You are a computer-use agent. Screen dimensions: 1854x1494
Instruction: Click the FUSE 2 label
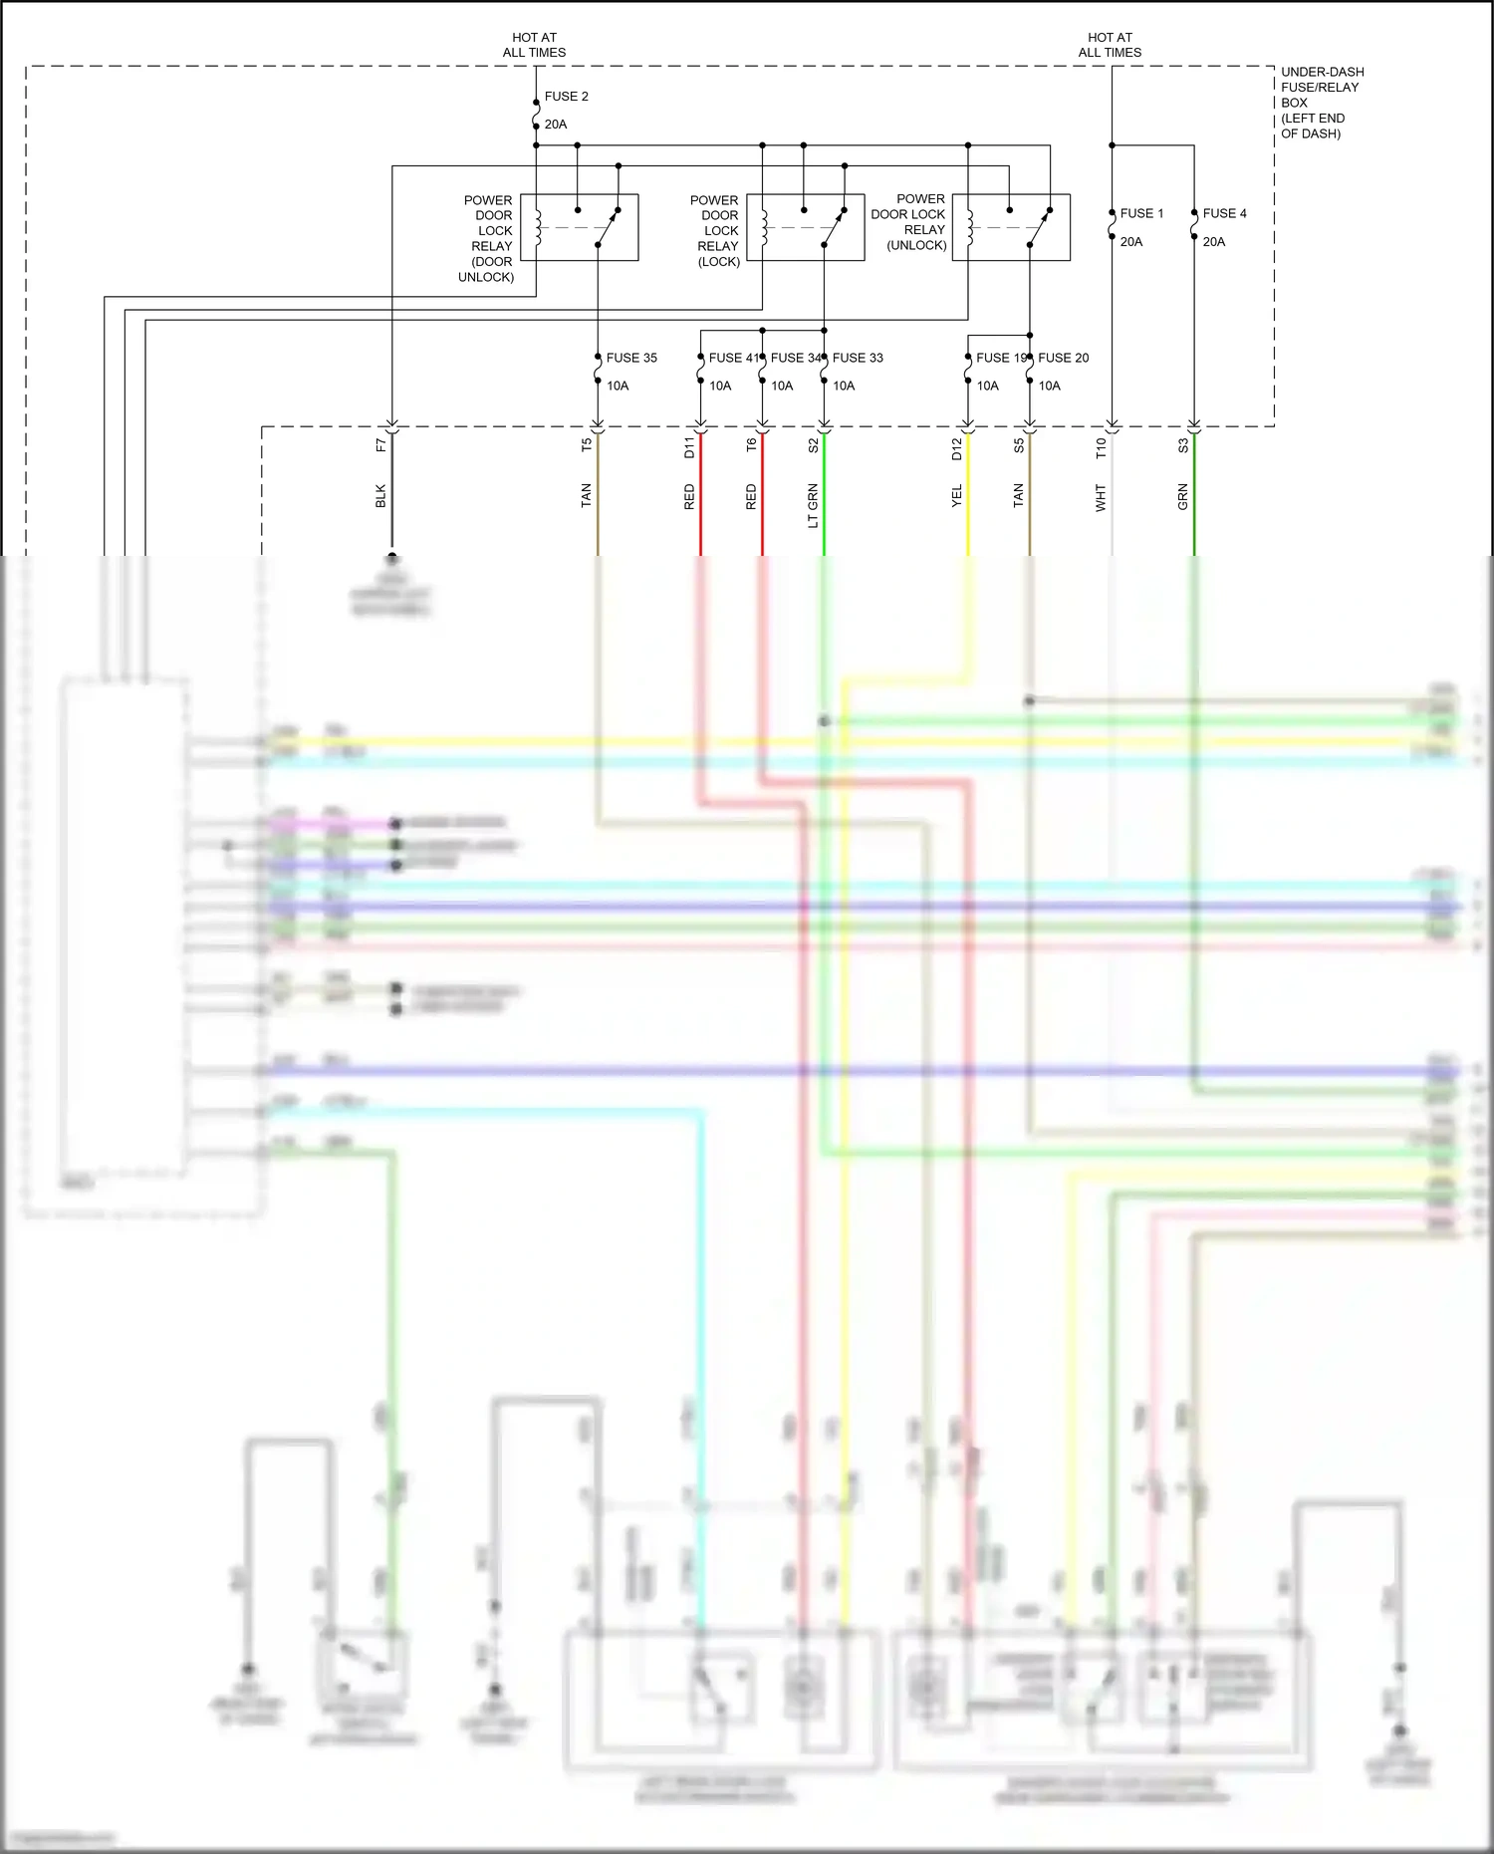click(566, 97)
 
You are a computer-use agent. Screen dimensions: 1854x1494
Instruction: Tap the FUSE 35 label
click(631, 358)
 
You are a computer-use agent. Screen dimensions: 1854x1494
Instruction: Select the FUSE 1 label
click(1141, 213)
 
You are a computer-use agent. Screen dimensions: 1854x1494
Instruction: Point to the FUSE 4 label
click(1224, 213)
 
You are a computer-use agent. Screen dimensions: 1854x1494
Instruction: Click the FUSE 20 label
click(1063, 358)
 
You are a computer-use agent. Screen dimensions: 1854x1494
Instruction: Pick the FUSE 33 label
click(858, 358)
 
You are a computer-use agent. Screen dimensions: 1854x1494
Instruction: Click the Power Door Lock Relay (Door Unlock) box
click(579, 227)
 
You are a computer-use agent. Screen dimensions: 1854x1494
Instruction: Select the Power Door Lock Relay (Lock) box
click(805, 227)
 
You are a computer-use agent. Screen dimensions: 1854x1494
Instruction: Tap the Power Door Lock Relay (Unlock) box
click(1011, 227)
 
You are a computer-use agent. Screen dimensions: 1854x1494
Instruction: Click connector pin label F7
click(380, 445)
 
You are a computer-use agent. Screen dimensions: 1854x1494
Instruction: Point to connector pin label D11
click(689, 447)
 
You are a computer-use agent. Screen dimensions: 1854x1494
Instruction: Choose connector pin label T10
click(1101, 447)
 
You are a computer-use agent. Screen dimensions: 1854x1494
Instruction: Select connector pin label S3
click(1183, 445)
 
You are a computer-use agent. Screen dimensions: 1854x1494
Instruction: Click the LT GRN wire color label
click(813, 505)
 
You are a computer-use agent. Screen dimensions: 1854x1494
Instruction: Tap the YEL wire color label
click(957, 496)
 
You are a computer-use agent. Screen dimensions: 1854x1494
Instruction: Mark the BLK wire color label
click(380, 496)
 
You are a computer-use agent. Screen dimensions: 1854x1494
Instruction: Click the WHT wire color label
click(1101, 497)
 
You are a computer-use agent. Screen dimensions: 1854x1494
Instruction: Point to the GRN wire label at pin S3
click(1183, 496)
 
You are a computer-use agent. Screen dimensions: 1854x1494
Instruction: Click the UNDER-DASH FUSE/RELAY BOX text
click(1322, 102)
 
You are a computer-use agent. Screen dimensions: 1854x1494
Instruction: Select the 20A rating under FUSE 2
click(556, 125)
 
